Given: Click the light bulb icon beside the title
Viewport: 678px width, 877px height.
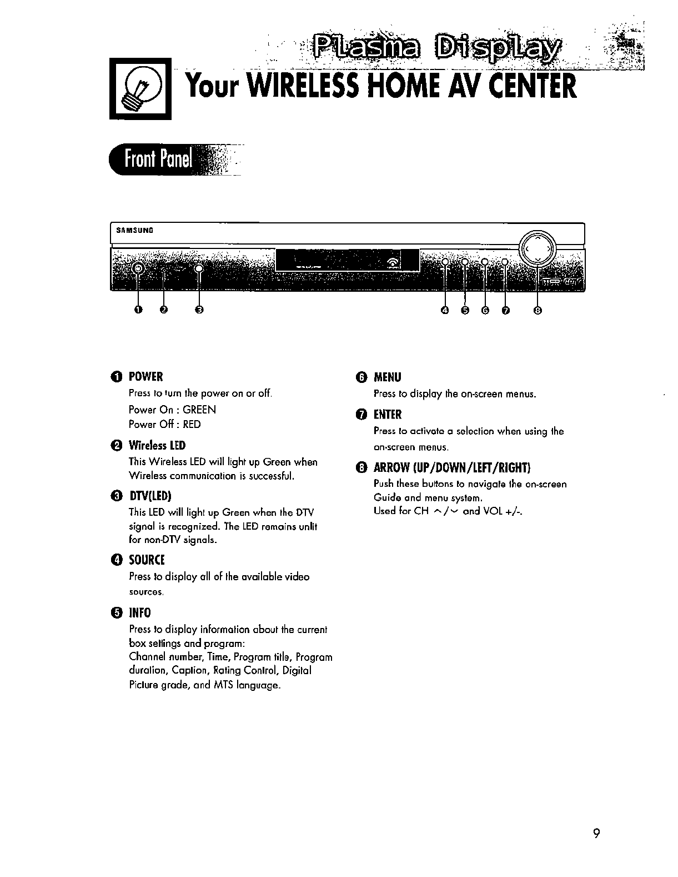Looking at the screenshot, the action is [x=140, y=89].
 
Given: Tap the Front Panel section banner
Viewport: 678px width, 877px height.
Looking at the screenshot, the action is [x=158, y=160].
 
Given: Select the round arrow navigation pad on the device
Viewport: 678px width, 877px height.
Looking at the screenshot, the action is [x=538, y=249].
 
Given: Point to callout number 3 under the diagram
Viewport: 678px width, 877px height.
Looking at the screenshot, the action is [x=200, y=310].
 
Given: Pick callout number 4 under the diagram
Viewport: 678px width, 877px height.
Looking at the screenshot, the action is [x=445, y=310].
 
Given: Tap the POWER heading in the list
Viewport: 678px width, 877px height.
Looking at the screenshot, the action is [x=145, y=377].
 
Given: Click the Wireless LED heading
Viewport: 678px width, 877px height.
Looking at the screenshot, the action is [x=157, y=446].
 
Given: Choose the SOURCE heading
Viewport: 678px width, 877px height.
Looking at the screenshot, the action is [x=147, y=560].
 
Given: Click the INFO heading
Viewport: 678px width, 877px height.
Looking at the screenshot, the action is [x=140, y=612].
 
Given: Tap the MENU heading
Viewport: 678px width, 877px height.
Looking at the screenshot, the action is [x=387, y=377].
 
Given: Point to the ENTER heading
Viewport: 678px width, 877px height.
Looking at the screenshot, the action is [x=388, y=415].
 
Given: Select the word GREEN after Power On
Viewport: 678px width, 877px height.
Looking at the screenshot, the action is [x=199, y=410].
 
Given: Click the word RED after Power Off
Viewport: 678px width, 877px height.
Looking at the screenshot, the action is [x=192, y=424].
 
